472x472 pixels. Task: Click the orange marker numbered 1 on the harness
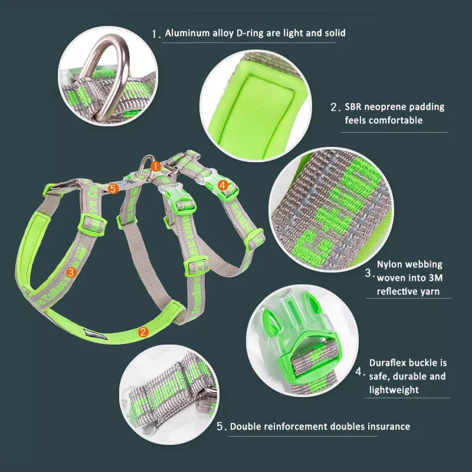(x=155, y=166)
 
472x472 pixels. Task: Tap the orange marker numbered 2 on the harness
(x=143, y=332)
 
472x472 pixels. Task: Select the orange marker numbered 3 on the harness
(x=71, y=272)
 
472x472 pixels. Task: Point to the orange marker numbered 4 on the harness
(x=222, y=185)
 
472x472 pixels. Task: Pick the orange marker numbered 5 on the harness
(x=114, y=188)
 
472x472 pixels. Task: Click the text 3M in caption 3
(x=435, y=278)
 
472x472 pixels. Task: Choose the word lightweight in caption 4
(x=394, y=389)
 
